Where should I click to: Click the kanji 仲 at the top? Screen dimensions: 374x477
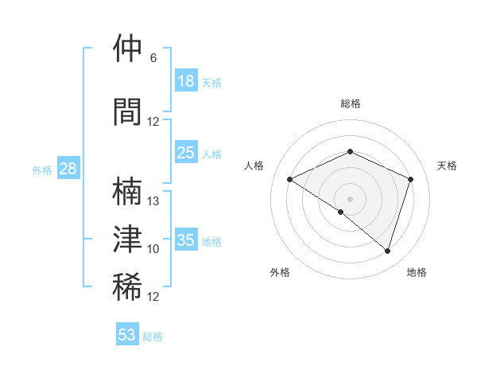click(x=127, y=49)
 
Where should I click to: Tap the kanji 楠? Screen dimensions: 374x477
click(x=127, y=192)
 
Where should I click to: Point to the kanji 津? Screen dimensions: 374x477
click(x=127, y=239)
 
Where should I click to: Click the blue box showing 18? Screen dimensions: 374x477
click(x=185, y=81)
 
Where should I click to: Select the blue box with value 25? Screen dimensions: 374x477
click(x=185, y=153)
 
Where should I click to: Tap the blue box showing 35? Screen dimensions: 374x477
click(x=185, y=240)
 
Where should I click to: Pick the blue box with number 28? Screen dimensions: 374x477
click(x=68, y=169)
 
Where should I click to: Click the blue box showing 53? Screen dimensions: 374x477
click(x=127, y=335)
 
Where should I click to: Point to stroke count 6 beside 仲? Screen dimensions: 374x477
click(x=153, y=58)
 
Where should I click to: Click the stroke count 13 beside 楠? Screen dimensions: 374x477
click(x=153, y=201)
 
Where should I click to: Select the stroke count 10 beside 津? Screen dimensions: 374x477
click(x=153, y=249)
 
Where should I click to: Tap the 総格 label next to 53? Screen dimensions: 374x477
click(x=153, y=337)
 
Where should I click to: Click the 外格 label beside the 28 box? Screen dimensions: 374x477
click(x=41, y=170)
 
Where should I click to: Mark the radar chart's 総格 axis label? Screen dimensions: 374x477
click(x=350, y=103)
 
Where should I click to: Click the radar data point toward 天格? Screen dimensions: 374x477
click(x=411, y=179)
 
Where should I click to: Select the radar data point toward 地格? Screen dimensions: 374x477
click(x=387, y=251)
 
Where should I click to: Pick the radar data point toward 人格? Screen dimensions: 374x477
click(x=290, y=179)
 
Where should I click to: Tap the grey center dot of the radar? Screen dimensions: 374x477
click(x=350, y=198)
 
